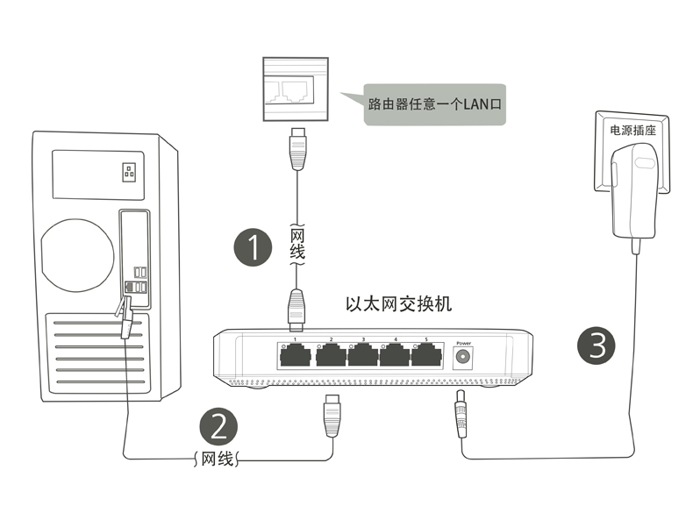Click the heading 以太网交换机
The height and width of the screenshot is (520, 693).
[x=398, y=304]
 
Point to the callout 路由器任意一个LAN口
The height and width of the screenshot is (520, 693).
[x=433, y=103]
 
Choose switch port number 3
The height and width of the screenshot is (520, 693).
[x=362, y=355]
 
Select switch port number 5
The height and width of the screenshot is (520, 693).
[x=427, y=355]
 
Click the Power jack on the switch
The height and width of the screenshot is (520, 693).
[x=463, y=357]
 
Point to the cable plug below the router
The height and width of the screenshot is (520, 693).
[x=297, y=150]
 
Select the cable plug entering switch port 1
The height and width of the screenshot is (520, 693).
[x=296, y=308]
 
